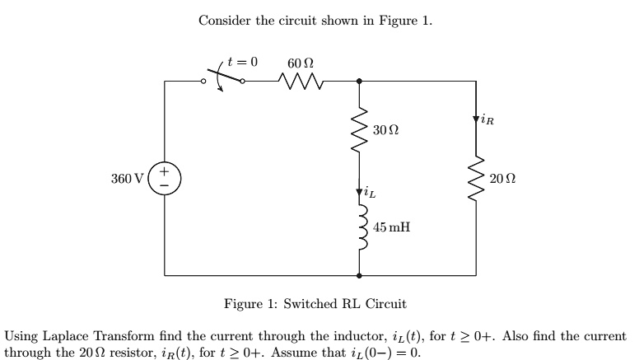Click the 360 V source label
point(128,179)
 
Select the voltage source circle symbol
point(164,179)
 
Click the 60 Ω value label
point(300,63)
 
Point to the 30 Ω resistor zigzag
point(359,130)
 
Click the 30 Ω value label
point(385,130)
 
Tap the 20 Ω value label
point(501,179)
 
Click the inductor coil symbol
point(359,227)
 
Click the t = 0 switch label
point(243,62)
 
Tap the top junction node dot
point(359,81)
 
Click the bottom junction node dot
point(359,275)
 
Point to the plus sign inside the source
point(164,172)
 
